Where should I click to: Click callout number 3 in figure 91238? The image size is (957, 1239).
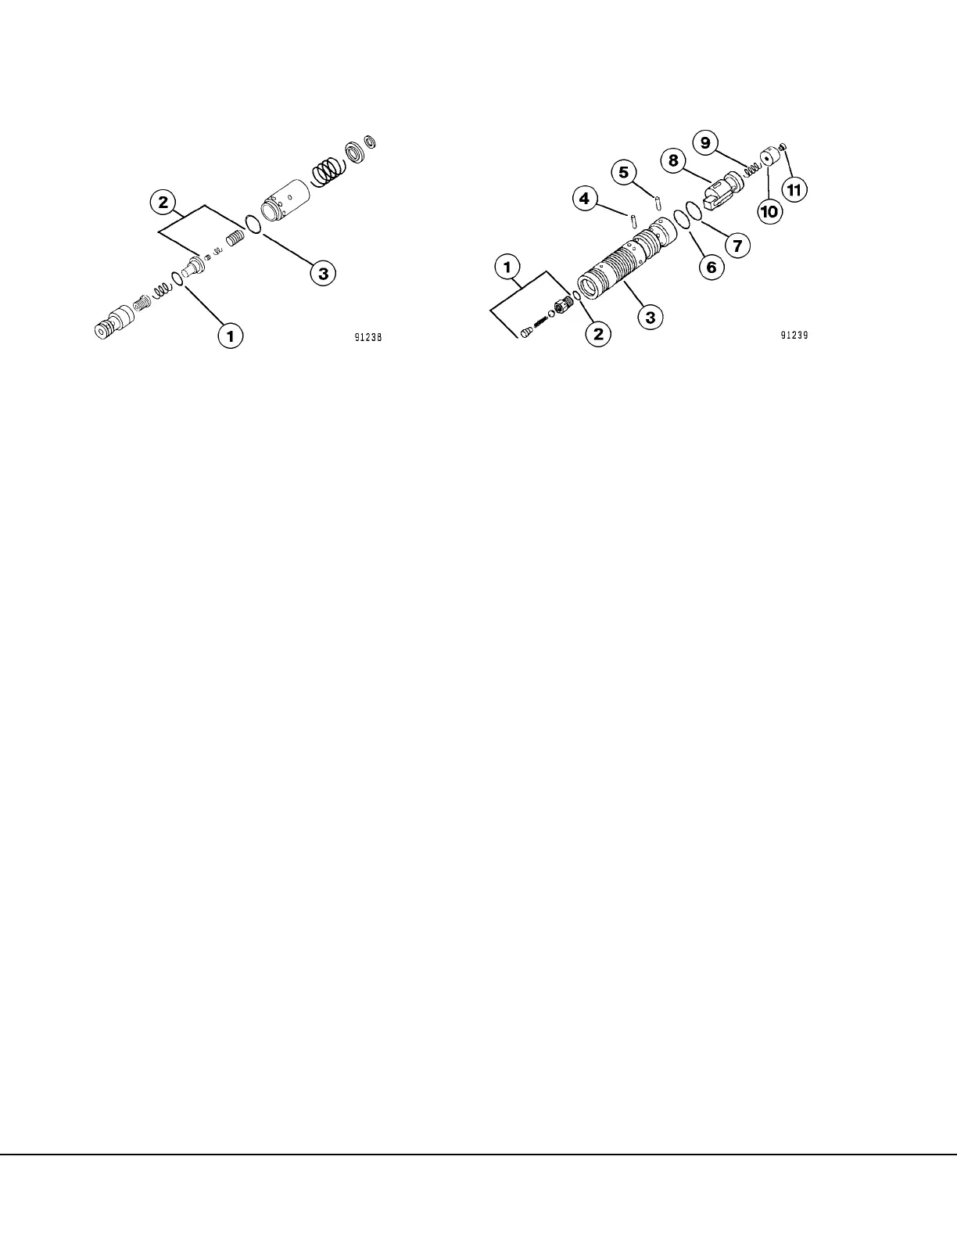[x=322, y=273]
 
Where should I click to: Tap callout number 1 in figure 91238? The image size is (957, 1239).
[x=230, y=336]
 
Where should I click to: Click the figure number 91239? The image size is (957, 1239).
[x=793, y=336]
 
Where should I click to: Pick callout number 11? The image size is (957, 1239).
[x=796, y=189]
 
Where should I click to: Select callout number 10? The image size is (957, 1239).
[x=769, y=210]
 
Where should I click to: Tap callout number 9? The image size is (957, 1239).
[x=705, y=142]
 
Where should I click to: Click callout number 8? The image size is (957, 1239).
[x=672, y=161]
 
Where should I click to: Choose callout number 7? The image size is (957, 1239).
[x=737, y=245]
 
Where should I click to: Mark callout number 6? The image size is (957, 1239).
[x=711, y=267]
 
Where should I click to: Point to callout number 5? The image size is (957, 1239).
[x=623, y=172]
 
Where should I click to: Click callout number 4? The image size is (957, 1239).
[x=584, y=198]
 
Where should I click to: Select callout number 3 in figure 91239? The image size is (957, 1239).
[x=650, y=317]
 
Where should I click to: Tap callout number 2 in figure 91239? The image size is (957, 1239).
[x=598, y=335]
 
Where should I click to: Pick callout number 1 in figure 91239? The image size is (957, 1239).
[x=507, y=267]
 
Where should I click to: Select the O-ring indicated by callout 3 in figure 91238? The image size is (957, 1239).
[x=252, y=224]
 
